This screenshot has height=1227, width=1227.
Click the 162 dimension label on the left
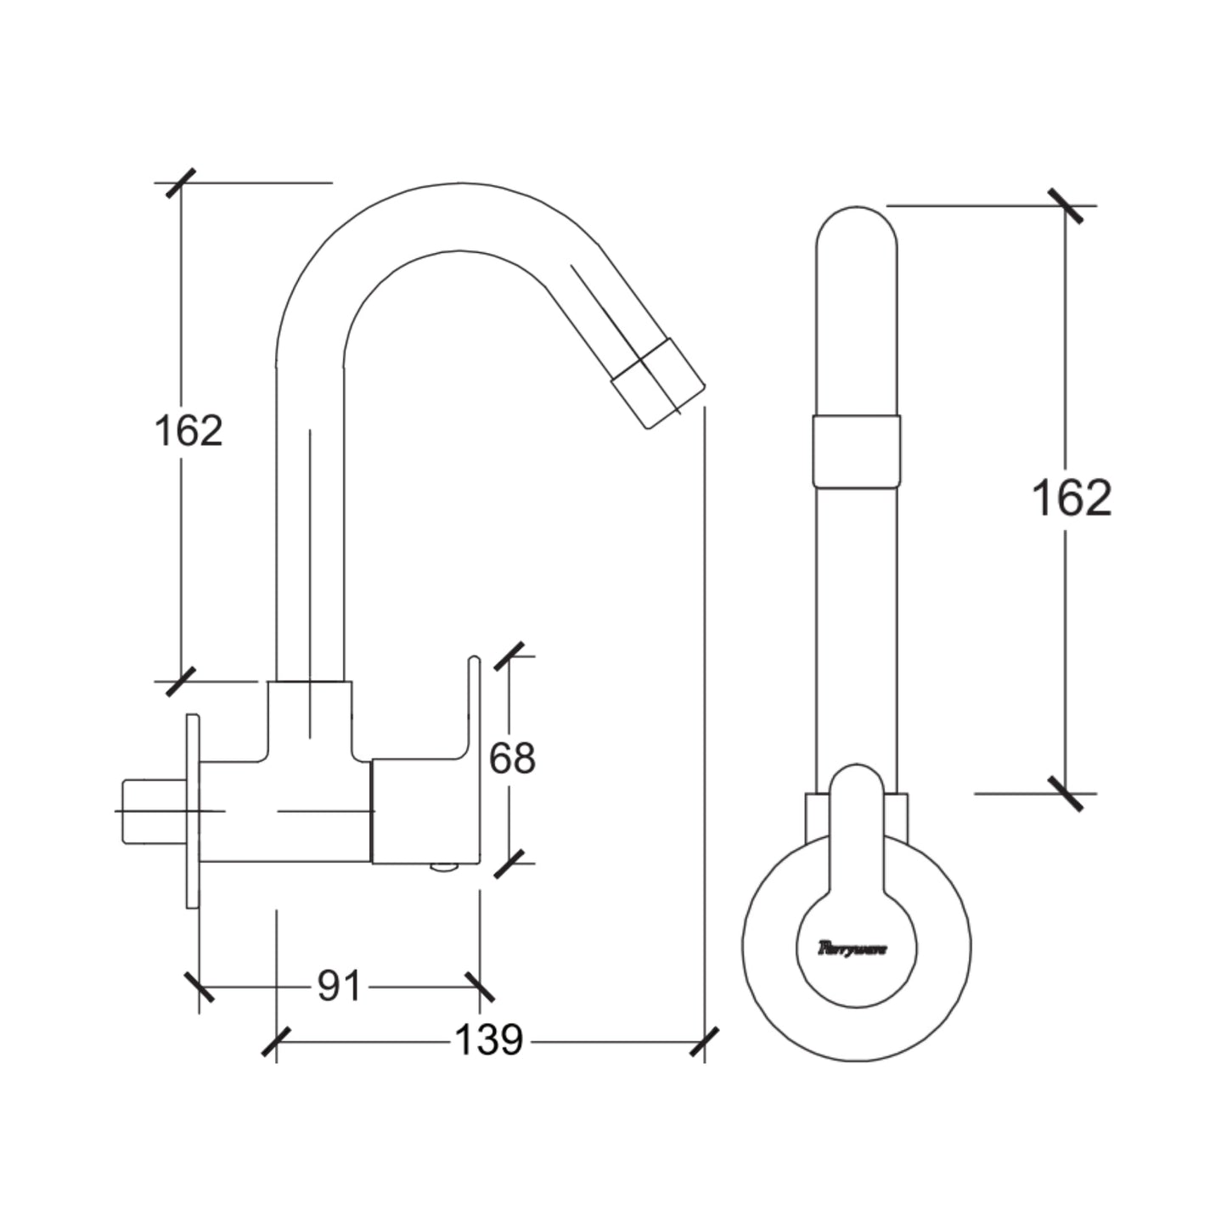click(x=189, y=431)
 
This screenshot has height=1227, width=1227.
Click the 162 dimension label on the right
click(x=1071, y=498)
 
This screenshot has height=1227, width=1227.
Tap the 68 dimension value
click(x=512, y=758)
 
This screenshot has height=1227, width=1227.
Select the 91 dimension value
click(x=340, y=986)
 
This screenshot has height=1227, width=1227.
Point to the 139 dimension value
click(x=488, y=1040)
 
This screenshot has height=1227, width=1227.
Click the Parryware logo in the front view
click(x=852, y=948)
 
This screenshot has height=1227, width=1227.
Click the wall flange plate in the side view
click(x=193, y=811)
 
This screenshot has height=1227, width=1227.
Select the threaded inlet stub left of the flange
click(x=153, y=811)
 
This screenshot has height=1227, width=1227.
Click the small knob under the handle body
click(x=443, y=868)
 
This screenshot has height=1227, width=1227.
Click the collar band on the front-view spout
click(x=856, y=451)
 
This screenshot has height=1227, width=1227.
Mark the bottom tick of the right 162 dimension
click(x=1066, y=793)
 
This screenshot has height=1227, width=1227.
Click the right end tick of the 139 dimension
click(x=705, y=1042)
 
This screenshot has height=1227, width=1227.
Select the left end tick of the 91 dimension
click(x=200, y=987)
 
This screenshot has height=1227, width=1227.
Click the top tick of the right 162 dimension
click(x=1066, y=205)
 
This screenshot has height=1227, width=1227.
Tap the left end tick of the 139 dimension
click(x=276, y=1042)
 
